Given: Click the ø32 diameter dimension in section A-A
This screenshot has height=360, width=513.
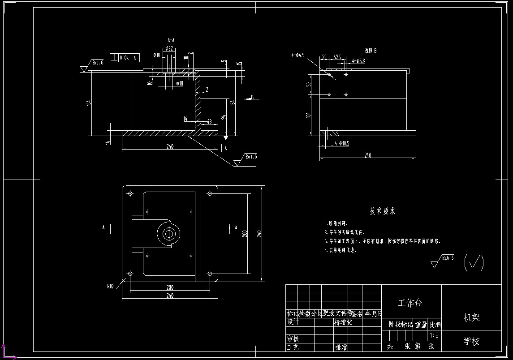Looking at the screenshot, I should [169, 48].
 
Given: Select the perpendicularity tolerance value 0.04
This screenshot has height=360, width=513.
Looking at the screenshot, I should [124, 57].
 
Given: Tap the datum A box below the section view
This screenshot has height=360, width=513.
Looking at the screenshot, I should [226, 148].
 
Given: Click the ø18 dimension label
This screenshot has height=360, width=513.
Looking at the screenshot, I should [179, 83].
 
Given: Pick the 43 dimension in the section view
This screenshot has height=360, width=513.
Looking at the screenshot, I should [209, 121].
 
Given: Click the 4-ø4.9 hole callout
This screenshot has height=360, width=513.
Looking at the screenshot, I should [298, 55].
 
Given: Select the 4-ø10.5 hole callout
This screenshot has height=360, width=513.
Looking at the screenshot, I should [341, 143].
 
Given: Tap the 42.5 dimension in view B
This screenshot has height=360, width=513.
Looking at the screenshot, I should [337, 57].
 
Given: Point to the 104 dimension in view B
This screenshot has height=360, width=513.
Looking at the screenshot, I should [308, 115].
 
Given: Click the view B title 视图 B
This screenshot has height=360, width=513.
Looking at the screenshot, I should [371, 51].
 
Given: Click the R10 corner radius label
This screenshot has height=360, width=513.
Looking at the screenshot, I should [111, 285].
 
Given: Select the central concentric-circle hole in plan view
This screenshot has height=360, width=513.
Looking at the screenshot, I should [169, 233].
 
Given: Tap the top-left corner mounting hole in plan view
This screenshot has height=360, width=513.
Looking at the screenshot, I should [130, 193].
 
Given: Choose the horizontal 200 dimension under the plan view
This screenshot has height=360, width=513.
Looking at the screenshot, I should [170, 287].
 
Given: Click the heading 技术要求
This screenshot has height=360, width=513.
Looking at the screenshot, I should [382, 211].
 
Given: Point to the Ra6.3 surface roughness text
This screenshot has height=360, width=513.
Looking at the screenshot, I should [448, 258].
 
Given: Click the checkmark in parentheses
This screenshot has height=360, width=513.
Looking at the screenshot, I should [474, 262].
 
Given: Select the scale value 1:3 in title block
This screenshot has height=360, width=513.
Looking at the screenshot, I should [434, 335].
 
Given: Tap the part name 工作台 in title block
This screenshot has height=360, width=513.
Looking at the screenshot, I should [410, 303].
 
